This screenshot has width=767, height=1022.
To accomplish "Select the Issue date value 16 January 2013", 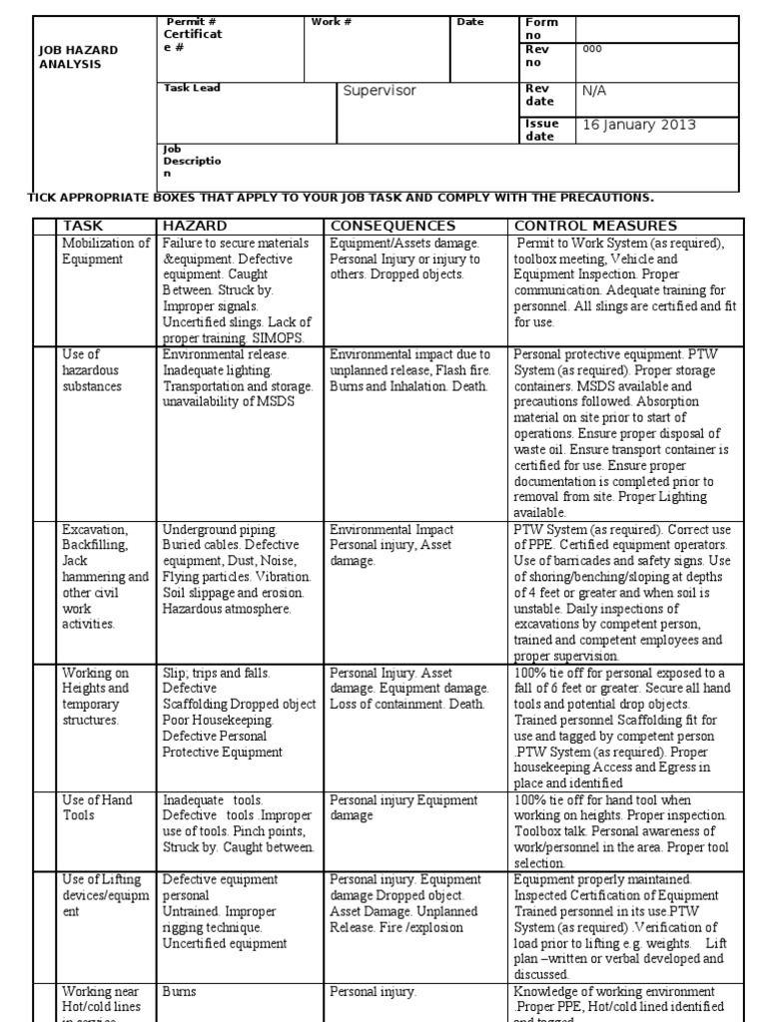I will tap(638, 125).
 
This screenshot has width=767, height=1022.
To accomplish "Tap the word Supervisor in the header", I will tap(380, 91).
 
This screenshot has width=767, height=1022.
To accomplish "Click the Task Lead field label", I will tap(192, 88).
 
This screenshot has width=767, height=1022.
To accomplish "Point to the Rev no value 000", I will tap(592, 49).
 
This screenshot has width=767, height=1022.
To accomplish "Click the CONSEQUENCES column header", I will tap(392, 226).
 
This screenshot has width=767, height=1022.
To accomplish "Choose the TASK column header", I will tap(83, 226).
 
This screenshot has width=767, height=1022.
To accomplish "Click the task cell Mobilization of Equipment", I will tap(106, 251).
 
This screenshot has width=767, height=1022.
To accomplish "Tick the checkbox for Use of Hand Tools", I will tap(45, 829).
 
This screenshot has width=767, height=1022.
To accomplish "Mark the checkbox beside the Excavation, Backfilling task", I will tap(45, 592).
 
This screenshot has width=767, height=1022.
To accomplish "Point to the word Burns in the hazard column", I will tap(180, 992).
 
